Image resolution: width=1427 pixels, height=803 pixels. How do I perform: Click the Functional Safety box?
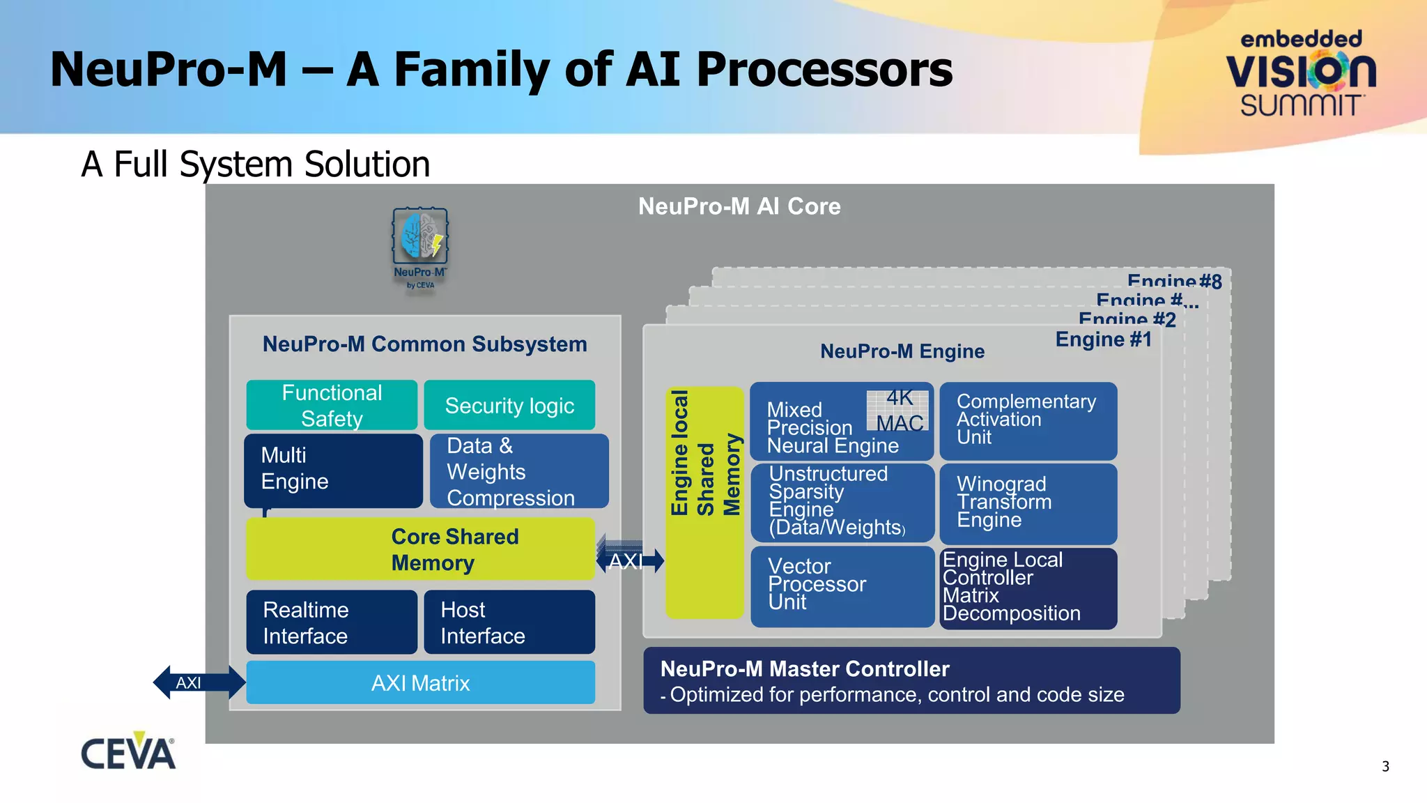332,405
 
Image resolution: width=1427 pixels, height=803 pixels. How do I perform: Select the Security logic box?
509,405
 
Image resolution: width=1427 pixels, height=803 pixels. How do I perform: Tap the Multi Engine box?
333,471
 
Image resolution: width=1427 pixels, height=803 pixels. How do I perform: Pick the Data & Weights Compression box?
518,471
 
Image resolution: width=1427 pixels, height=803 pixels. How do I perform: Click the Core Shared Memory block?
420,549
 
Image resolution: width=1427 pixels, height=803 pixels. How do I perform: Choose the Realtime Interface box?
332,622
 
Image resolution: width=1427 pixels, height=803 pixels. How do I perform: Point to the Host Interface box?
509,622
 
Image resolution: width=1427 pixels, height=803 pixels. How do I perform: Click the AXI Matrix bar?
420,682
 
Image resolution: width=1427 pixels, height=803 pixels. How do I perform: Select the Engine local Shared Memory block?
704,503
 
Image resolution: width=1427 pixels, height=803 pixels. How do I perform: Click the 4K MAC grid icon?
897,411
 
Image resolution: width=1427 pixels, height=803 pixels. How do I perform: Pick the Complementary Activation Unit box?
1028,420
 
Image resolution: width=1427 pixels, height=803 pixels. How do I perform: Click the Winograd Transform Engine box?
1028,503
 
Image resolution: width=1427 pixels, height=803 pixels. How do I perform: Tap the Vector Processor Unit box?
842,586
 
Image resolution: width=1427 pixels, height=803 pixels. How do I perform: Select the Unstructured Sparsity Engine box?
842,503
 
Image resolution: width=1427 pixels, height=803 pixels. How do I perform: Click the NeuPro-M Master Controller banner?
911,680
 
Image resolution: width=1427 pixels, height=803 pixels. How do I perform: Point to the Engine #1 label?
1103,339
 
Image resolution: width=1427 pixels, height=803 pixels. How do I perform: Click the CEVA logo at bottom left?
128,752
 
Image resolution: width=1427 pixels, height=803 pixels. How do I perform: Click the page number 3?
1385,766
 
